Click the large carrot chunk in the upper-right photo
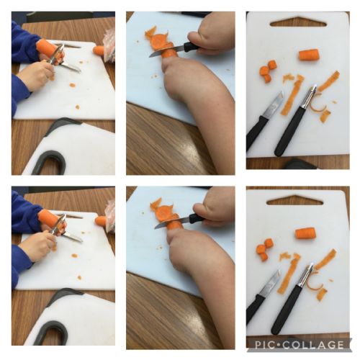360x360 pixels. (x=309, y=55)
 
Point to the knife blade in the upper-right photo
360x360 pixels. (x=273, y=104)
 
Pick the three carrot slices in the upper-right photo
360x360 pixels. (x=268, y=71)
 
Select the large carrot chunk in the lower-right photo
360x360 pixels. (x=305, y=233)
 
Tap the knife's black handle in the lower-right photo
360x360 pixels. (x=255, y=310)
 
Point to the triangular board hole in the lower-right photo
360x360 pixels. (x=294, y=200)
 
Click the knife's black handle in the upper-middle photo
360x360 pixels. (x=192, y=46)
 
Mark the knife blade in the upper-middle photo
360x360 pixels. (x=166, y=52)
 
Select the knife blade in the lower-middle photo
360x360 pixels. (x=172, y=222)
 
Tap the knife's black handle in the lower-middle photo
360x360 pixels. (x=197, y=217)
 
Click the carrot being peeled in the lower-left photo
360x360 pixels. (x=48, y=217)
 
